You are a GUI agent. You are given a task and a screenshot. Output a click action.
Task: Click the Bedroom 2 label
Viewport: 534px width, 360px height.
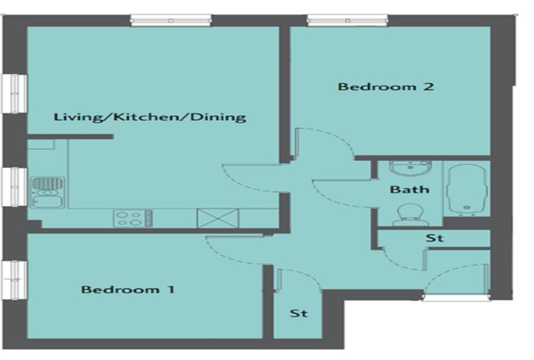click(x=386, y=86)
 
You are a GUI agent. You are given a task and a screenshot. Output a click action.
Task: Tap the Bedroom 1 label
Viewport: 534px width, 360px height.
click(x=128, y=290)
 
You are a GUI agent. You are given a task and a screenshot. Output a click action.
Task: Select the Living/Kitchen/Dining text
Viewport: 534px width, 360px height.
click(x=150, y=117)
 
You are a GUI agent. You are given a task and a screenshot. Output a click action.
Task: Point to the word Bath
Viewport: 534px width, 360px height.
click(x=410, y=189)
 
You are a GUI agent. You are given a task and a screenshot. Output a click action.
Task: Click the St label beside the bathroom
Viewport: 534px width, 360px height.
click(x=434, y=238)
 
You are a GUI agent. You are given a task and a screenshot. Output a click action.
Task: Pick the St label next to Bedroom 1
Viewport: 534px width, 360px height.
click(x=299, y=313)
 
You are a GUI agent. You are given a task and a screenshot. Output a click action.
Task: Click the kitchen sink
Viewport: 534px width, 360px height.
click(x=47, y=192)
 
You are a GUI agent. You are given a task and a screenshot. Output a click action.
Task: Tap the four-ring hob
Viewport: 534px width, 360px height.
click(x=133, y=218)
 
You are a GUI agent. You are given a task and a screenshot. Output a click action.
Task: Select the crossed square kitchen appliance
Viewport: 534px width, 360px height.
click(x=218, y=218)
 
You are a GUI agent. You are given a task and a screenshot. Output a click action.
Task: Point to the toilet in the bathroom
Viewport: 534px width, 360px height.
click(x=410, y=214)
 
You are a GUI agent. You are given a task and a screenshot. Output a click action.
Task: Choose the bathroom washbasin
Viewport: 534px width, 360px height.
click(x=410, y=168)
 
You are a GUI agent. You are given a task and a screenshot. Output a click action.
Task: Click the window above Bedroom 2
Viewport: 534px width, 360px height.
click(x=347, y=20)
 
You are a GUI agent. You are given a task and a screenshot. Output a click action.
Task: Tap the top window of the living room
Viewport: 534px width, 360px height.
click(x=171, y=20)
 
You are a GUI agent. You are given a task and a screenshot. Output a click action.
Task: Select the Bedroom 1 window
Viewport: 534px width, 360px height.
click(x=14, y=281)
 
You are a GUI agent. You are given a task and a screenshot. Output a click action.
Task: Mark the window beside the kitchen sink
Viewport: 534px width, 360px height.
click(x=14, y=187)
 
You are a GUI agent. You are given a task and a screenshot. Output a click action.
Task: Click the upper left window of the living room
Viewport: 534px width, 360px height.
click(x=14, y=94)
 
